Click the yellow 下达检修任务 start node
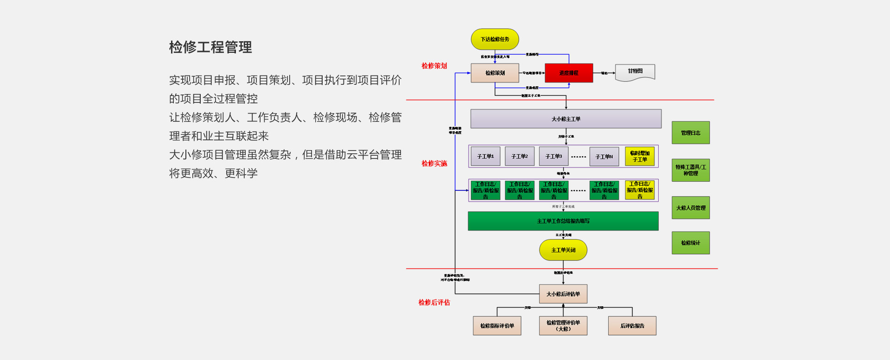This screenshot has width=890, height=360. [495, 39]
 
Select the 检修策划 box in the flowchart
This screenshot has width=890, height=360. [495, 73]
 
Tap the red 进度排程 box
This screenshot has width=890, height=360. [569, 73]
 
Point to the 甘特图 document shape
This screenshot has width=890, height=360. [635, 72]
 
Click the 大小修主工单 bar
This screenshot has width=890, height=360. [566, 119]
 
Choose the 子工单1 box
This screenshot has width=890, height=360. [485, 157]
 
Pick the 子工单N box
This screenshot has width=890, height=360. [604, 157]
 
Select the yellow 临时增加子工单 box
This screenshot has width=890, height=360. [640, 157]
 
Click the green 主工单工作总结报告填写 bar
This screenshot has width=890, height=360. [563, 221]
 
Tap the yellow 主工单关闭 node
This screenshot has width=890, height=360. [563, 250]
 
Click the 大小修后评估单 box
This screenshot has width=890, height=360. [563, 294]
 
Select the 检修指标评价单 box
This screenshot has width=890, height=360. [497, 326]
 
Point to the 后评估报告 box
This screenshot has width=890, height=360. [632, 326]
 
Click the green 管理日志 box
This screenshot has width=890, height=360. [691, 133]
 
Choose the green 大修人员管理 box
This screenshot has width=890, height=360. [691, 208]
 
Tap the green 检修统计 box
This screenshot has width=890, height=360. [691, 243]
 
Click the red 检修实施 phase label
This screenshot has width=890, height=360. [434, 164]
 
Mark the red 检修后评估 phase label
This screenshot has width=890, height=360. [434, 303]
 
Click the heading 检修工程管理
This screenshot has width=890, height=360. [210, 47]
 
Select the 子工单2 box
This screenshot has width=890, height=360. [520, 157]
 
